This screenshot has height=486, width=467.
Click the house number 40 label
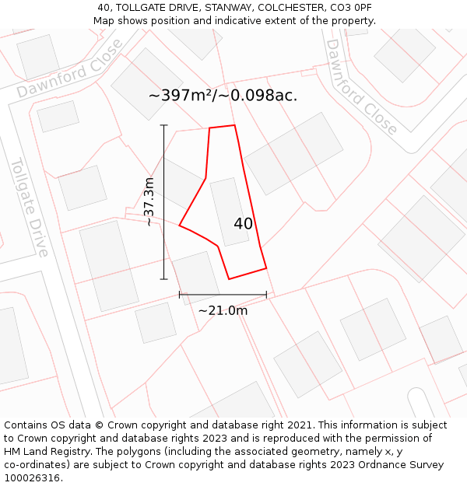coord(243,224)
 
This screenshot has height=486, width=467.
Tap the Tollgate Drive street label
coord(30,207)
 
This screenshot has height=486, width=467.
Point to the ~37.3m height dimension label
coord(149,202)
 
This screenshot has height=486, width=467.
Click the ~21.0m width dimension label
coord(223,310)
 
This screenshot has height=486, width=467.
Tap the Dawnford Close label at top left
coord(70,69)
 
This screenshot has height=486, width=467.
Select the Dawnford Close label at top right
coord(361,86)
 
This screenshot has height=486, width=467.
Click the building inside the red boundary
coord(229,212)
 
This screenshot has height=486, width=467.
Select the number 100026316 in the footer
coord(33,478)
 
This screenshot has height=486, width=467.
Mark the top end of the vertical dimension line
coord(163,125)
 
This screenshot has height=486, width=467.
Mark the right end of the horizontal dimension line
coord(266,295)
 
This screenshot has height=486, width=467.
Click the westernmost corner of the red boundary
coord(180,226)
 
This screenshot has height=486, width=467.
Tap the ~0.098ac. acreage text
coord(260,96)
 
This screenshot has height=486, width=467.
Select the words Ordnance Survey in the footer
coord(401,465)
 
